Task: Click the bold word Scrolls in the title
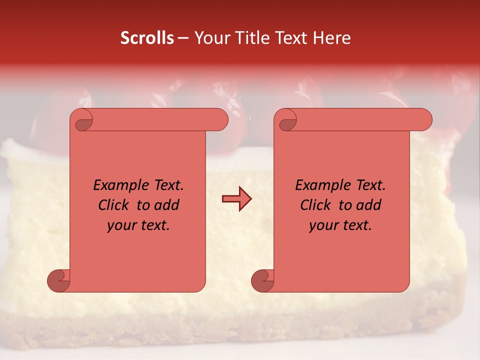tap(147, 38)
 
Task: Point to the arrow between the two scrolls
tap(236, 199)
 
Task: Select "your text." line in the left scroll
tap(138, 225)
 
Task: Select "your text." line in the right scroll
tap(340, 225)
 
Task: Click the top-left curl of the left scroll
tap(83, 121)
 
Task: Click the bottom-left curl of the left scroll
tap(58, 281)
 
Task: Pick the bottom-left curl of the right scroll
tap(262, 281)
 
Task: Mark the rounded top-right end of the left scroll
tap(220, 120)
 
